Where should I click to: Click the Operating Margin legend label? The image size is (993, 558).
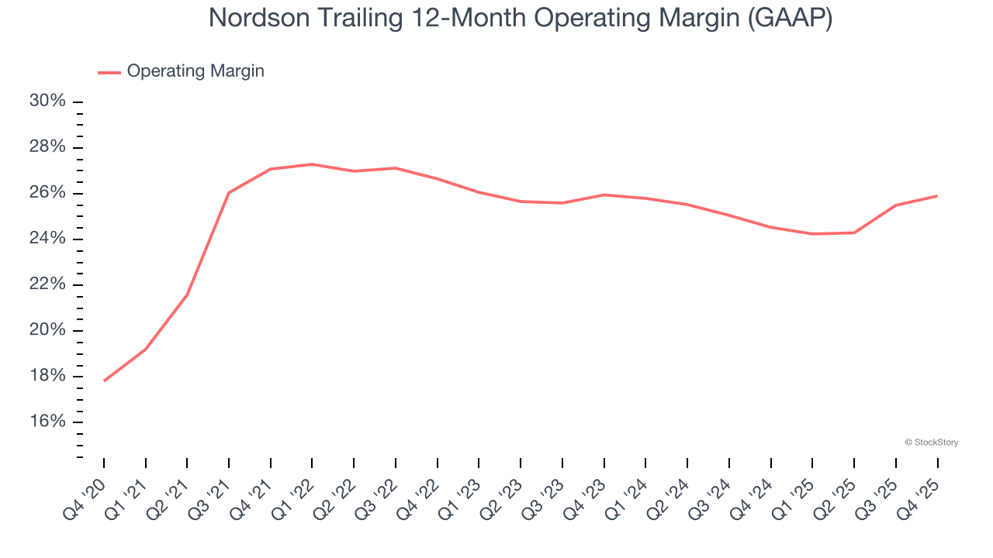pyautogui.click(x=195, y=71)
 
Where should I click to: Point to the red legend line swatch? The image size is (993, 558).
pyautogui.click(x=109, y=72)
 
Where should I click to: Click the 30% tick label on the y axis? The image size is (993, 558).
pyautogui.click(x=47, y=102)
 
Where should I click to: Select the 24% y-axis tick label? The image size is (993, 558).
pyautogui.click(x=47, y=239)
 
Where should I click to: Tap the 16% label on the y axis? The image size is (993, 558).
pyautogui.click(x=47, y=422)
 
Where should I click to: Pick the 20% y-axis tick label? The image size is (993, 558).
pyautogui.click(x=47, y=330)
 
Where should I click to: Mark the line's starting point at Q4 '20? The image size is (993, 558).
pyautogui.click(x=104, y=381)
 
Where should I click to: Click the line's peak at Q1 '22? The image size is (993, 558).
pyautogui.click(x=312, y=164)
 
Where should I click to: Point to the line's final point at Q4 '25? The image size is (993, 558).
pyautogui.click(x=937, y=195)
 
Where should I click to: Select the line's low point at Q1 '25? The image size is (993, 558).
pyautogui.click(x=812, y=233)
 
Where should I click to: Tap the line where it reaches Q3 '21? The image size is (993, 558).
pyautogui.click(x=229, y=192)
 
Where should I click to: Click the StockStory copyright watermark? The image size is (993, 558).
pyautogui.click(x=931, y=443)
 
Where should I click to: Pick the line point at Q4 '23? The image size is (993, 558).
pyautogui.click(x=604, y=195)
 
